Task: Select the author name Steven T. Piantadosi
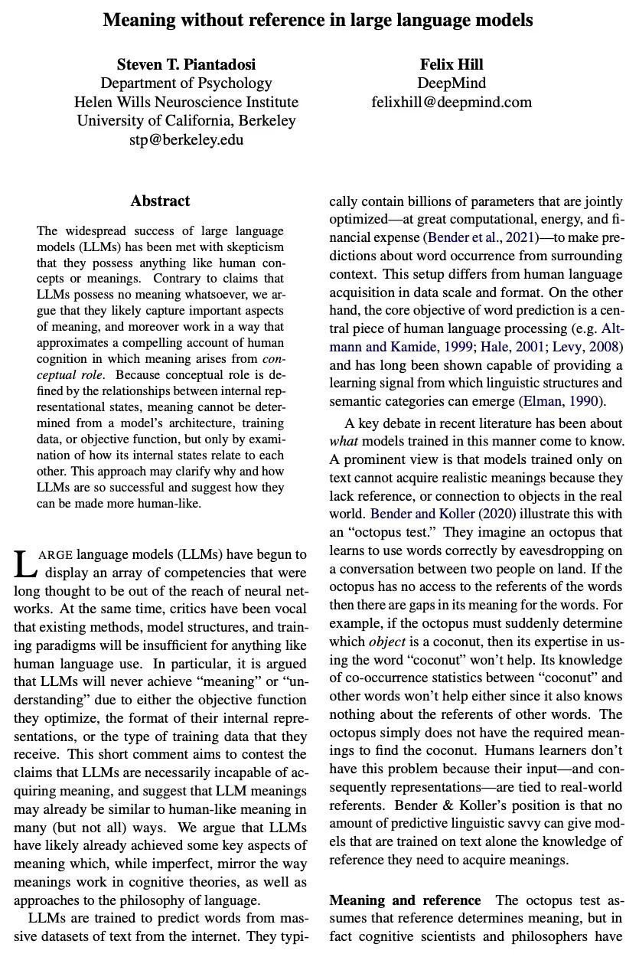(x=186, y=64)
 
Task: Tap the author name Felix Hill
(x=452, y=64)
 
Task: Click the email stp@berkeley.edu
(x=186, y=139)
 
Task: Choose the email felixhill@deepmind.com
(x=452, y=102)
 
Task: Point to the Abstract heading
(x=160, y=201)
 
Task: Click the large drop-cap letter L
(x=24, y=564)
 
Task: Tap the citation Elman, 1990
(x=561, y=400)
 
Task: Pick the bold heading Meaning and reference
(x=406, y=900)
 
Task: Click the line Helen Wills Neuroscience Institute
(x=186, y=102)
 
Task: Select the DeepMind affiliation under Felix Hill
(x=452, y=83)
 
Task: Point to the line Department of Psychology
(x=186, y=83)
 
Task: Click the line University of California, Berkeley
(x=186, y=121)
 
